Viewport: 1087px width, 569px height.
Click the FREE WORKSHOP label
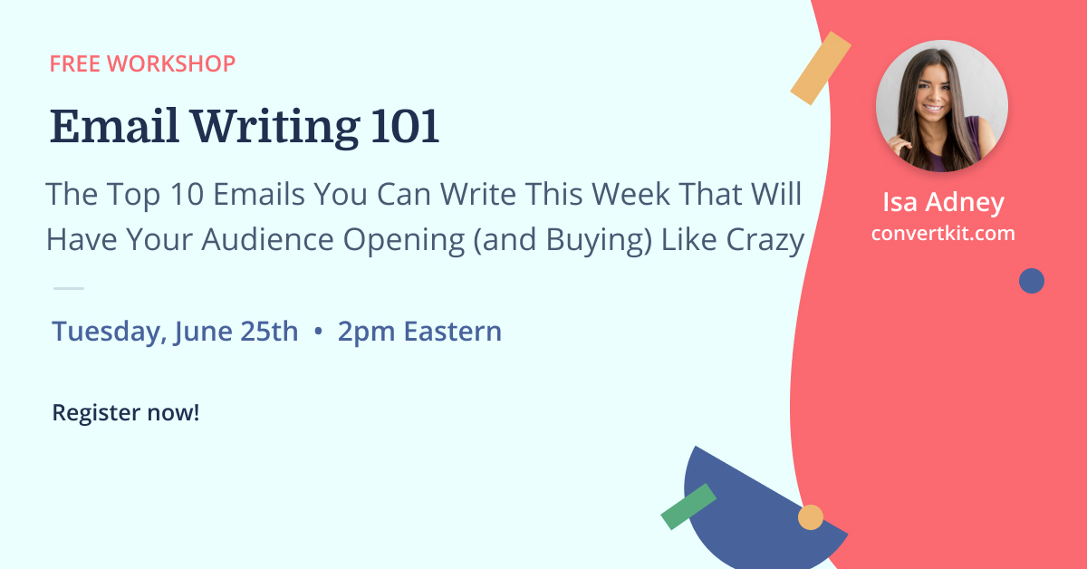[143, 63]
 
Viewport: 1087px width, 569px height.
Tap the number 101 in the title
[405, 127]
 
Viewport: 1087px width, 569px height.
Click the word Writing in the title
[275, 128]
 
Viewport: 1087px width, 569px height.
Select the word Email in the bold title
[114, 126]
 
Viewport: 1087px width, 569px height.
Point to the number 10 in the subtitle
[187, 194]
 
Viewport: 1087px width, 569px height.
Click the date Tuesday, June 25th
[175, 332]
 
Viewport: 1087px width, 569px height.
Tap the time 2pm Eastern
[419, 332]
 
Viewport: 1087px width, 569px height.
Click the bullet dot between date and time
[318, 331]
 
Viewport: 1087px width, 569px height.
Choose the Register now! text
[126, 412]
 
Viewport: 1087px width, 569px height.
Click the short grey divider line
[69, 288]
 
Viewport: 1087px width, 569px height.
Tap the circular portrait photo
[942, 106]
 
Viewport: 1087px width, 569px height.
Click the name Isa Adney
[943, 202]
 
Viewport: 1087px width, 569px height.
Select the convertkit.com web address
[943, 234]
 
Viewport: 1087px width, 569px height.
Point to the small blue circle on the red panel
[1032, 281]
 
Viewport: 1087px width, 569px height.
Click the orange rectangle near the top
[821, 68]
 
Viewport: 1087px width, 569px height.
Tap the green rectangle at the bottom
[688, 506]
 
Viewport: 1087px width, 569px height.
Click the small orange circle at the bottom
[811, 517]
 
